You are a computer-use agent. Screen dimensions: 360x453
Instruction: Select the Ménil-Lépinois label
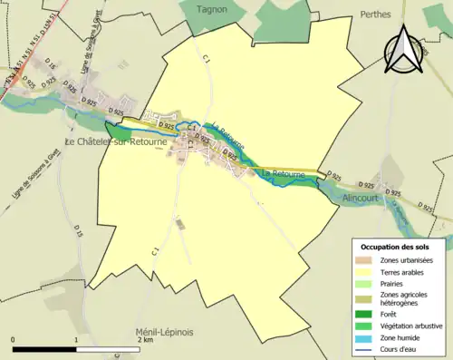(166, 330)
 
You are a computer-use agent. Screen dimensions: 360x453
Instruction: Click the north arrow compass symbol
(408, 50)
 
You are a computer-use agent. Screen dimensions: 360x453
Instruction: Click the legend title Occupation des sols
(394, 247)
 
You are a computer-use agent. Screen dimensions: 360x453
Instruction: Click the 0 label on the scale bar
(14, 340)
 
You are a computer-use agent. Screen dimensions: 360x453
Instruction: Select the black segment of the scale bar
(45, 349)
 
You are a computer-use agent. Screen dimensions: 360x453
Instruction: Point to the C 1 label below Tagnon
(207, 57)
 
